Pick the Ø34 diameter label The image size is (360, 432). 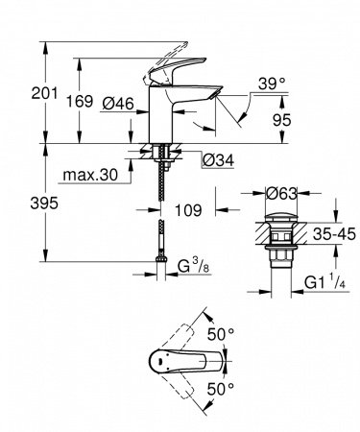click(216, 158)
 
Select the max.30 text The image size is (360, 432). click(90, 176)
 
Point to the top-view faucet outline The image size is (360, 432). click(187, 362)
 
